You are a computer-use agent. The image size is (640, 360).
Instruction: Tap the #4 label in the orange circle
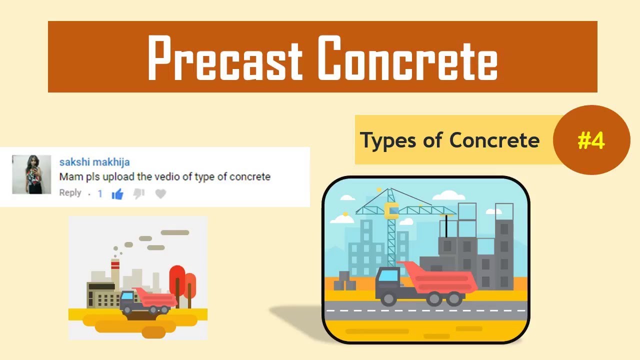(x=591, y=141)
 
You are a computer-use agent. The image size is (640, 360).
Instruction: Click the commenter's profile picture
(x=31, y=174)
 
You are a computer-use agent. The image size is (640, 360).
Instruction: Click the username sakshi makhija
(x=94, y=162)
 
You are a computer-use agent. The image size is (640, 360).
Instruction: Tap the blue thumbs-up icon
(x=117, y=194)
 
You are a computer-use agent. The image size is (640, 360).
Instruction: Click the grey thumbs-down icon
(x=139, y=193)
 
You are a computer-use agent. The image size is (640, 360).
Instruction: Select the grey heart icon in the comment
(x=160, y=194)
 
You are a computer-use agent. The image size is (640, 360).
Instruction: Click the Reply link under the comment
(x=70, y=193)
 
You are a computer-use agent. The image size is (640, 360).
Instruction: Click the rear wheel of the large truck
(x=454, y=298)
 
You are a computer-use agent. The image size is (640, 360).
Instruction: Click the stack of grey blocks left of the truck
(x=344, y=281)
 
